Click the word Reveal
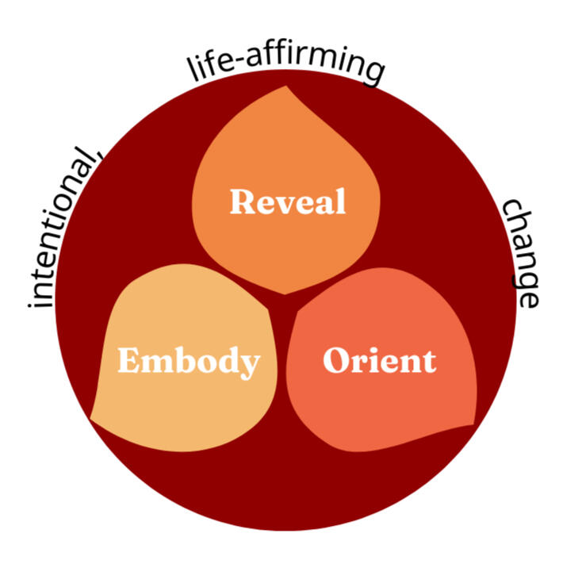(288, 201)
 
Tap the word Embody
(189, 362)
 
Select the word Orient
(379, 361)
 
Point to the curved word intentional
(64, 230)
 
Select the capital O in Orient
(336, 361)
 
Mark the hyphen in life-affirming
(253, 65)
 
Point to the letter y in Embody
(250, 365)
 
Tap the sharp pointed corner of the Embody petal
(91, 418)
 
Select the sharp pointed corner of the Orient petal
(477, 424)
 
